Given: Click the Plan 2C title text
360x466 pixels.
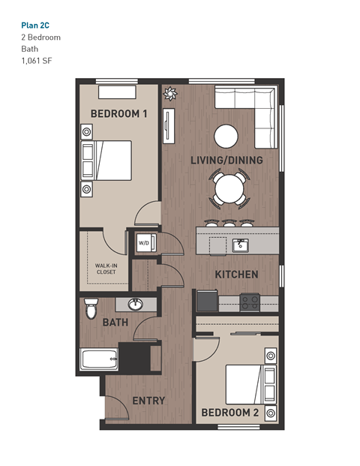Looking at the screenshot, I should pyautogui.click(x=35, y=25).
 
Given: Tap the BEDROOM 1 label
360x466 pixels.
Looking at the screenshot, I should pyautogui.click(x=118, y=113).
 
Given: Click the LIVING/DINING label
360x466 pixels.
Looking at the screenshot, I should pyautogui.click(x=226, y=160).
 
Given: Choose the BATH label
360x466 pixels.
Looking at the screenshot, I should pyautogui.click(x=115, y=322).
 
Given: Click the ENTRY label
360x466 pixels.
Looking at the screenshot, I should pyautogui.click(x=148, y=400).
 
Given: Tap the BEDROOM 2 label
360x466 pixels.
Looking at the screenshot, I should pyautogui.click(x=229, y=413).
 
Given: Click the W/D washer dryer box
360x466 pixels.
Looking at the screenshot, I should pyautogui.click(x=142, y=243).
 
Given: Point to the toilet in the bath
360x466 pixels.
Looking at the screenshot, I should pyautogui.click(x=91, y=308).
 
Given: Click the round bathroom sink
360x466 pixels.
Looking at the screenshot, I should pyautogui.click(x=136, y=305).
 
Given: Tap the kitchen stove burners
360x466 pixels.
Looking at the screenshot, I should pyautogui.click(x=250, y=302).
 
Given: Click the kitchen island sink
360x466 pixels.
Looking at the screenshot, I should pyautogui.click(x=240, y=245).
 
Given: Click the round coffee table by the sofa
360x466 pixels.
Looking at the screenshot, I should pyautogui.click(x=226, y=136).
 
